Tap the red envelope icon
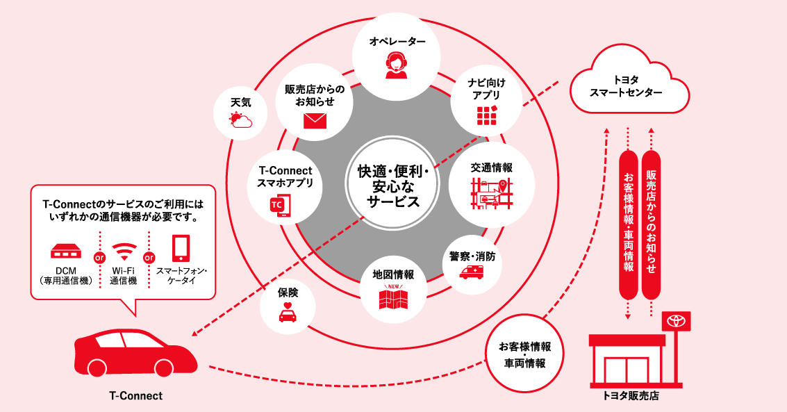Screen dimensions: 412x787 pyautogui.click(x=315, y=121)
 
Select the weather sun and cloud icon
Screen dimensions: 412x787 pyautogui.click(x=240, y=121)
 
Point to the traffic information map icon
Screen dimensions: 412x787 pyautogui.click(x=491, y=192)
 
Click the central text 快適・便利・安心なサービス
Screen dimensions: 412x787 pyautogui.click(x=393, y=186)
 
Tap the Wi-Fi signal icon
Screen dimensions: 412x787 pyautogui.click(x=125, y=251)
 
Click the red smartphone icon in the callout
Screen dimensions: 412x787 pyautogui.click(x=181, y=248)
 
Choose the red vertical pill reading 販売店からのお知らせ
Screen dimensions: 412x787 pyautogui.click(x=651, y=222)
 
